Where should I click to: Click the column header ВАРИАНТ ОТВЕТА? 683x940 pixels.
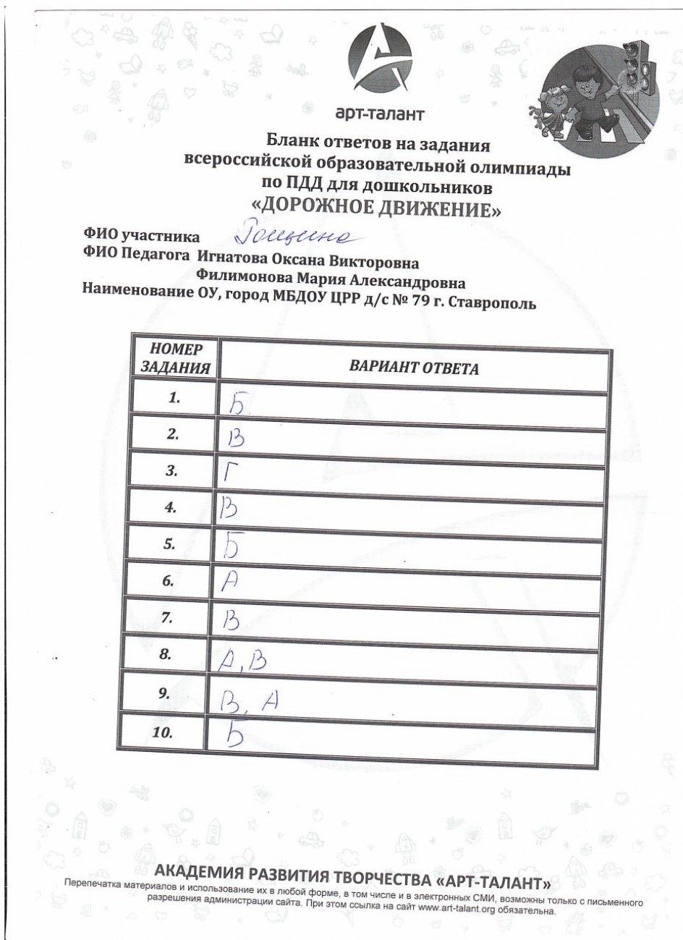(x=414, y=368)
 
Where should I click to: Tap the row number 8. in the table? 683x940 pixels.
(x=166, y=656)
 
